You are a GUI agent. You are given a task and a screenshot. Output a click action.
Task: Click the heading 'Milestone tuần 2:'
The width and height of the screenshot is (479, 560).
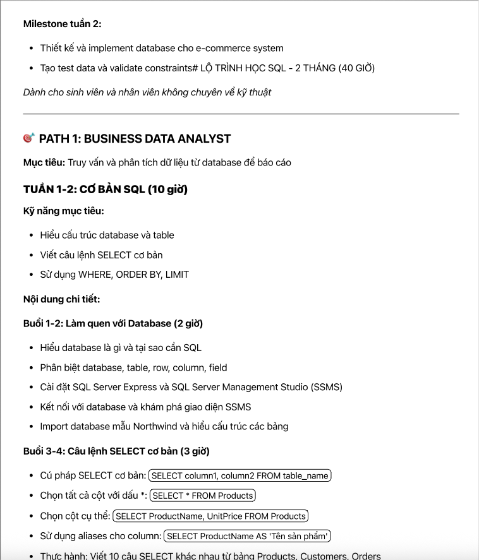point(62,24)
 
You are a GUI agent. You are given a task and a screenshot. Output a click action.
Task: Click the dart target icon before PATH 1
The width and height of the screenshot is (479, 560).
point(28,138)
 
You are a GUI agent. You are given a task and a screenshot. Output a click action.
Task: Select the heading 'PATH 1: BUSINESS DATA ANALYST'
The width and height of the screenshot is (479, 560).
point(135,139)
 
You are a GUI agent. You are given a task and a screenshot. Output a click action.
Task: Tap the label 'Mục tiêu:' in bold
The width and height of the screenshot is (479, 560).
point(44,163)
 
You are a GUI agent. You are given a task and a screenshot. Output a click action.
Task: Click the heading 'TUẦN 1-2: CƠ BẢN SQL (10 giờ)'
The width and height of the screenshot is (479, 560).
point(106,189)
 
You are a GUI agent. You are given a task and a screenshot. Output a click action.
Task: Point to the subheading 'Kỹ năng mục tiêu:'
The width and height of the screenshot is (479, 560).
point(63,211)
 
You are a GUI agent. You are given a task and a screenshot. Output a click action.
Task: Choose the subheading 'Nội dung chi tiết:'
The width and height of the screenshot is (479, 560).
point(62,299)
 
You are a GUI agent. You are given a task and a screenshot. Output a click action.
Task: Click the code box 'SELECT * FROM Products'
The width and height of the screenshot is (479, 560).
point(203,496)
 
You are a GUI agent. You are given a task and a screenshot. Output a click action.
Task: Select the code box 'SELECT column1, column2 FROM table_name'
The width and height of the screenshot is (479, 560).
point(240,475)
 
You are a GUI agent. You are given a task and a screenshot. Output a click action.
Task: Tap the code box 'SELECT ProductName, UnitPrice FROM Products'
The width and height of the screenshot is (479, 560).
point(210,516)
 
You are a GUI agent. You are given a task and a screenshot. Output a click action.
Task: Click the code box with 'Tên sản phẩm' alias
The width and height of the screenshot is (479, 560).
point(247,536)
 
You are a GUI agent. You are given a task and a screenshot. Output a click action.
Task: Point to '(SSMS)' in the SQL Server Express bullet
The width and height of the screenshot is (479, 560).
point(327,387)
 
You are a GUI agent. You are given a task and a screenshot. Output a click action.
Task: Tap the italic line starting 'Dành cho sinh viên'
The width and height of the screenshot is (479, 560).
point(147,92)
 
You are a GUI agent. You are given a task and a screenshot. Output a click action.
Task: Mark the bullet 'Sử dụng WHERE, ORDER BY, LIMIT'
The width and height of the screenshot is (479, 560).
point(114,275)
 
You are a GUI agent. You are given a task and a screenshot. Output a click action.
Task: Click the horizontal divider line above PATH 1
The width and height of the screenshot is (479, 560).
point(241,114)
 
